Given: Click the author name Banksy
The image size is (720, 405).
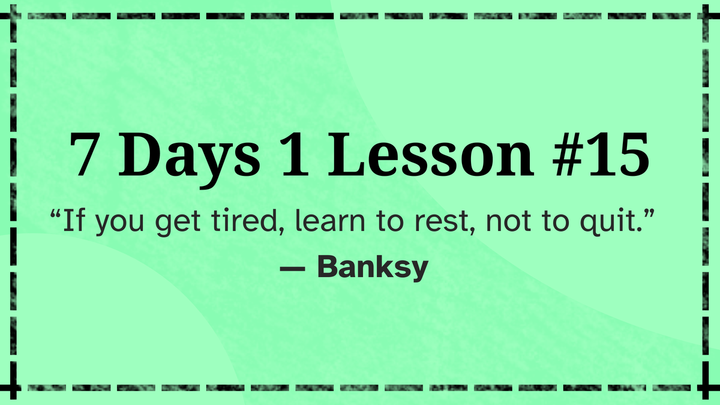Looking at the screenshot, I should [372, 267].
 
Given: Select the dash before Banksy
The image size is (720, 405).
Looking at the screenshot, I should [292, 268].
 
